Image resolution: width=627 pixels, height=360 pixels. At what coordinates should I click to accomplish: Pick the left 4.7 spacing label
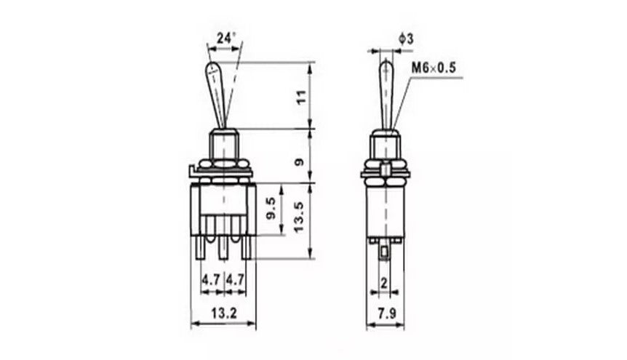pyautogui.click(x=211, y=279)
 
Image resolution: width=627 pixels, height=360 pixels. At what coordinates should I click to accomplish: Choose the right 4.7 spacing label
pyautogui.click(x=234, y=279)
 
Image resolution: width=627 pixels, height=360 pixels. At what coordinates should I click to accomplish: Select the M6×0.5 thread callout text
pyautogui.click(x=433, y=68)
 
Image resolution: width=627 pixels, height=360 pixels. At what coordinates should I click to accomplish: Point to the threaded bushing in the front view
pyautogui.click(x=222, y=141)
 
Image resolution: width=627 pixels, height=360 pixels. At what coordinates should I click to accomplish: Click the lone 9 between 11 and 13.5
pyautogui.click(x=299, y=161)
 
